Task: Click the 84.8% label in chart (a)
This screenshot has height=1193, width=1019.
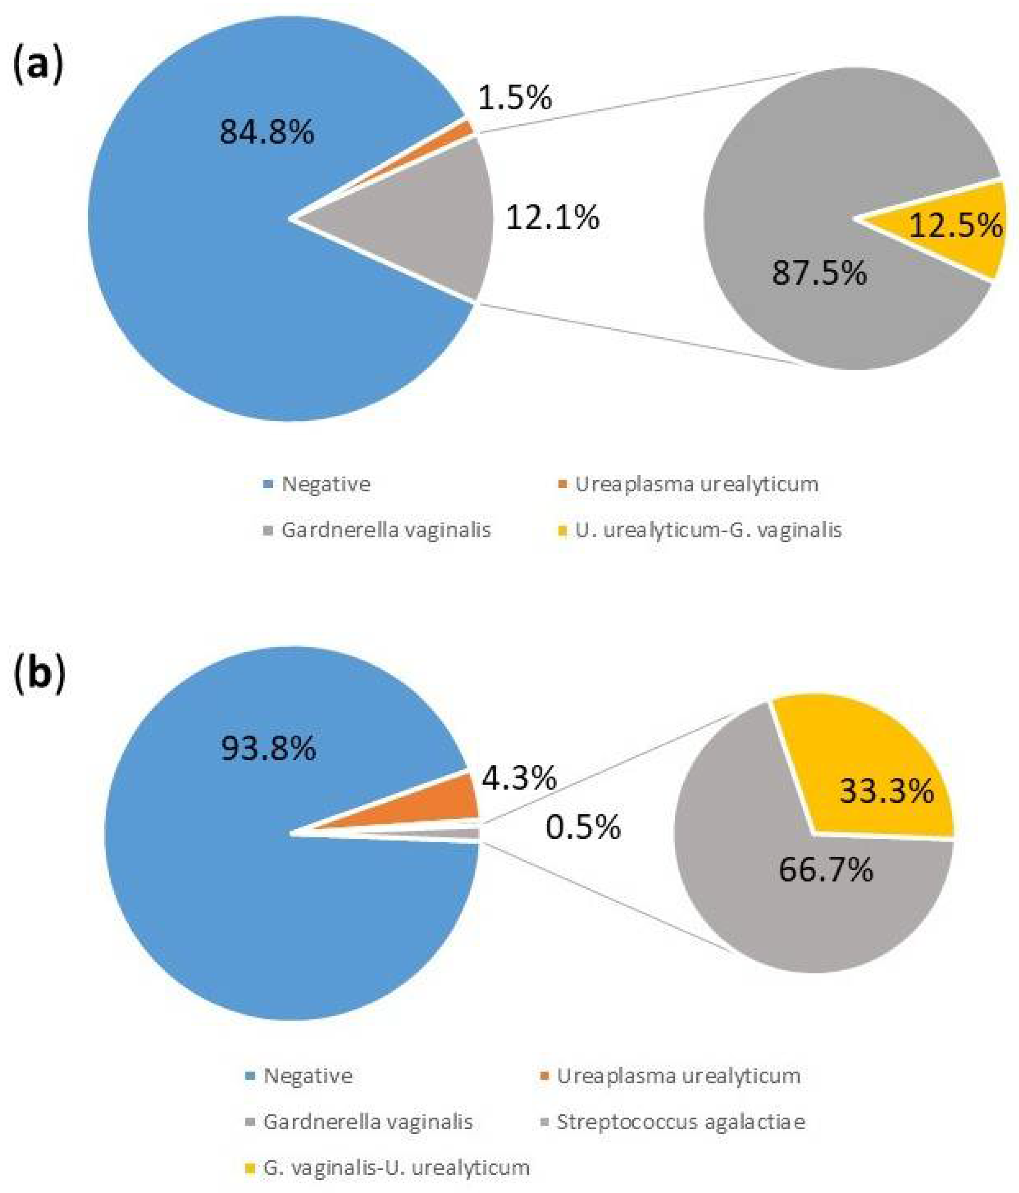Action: point(266,133)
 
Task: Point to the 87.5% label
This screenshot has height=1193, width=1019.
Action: point(819,272)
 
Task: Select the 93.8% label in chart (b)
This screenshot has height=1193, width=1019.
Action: point(268,749)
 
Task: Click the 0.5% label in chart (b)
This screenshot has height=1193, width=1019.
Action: point(583,827)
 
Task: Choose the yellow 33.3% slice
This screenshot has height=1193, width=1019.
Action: point(875,772)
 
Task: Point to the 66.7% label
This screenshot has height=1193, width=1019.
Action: point(826,869)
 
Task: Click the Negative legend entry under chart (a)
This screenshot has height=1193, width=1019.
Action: point(325,484)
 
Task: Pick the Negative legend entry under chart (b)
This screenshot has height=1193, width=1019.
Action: point(308,1076)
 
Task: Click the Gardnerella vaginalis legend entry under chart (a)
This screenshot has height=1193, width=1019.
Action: point(385,530)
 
